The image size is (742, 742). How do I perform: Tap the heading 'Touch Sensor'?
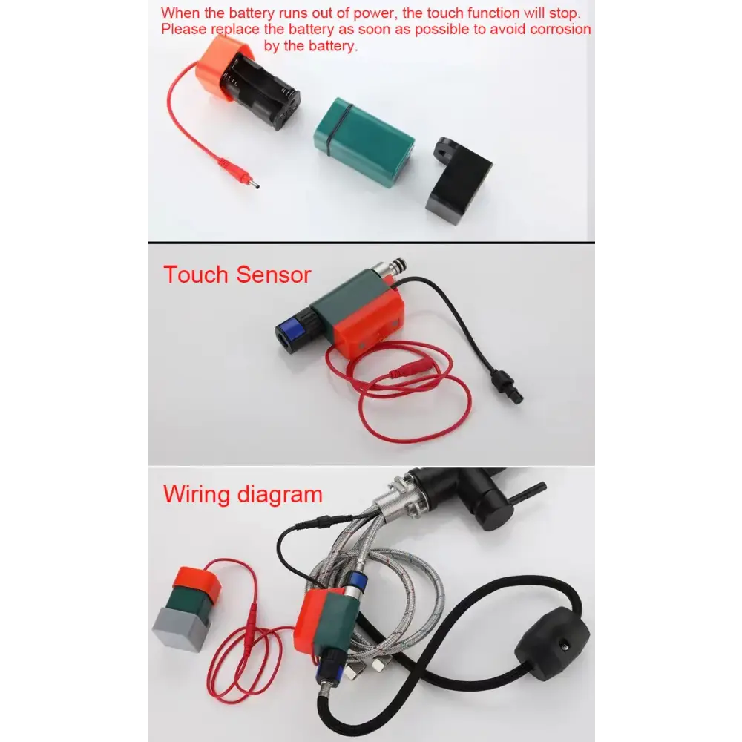[237, 275]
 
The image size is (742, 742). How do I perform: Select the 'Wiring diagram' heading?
[243, 493]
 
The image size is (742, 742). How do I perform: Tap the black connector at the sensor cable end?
[508, 388]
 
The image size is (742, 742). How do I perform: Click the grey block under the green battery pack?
[178, 628]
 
